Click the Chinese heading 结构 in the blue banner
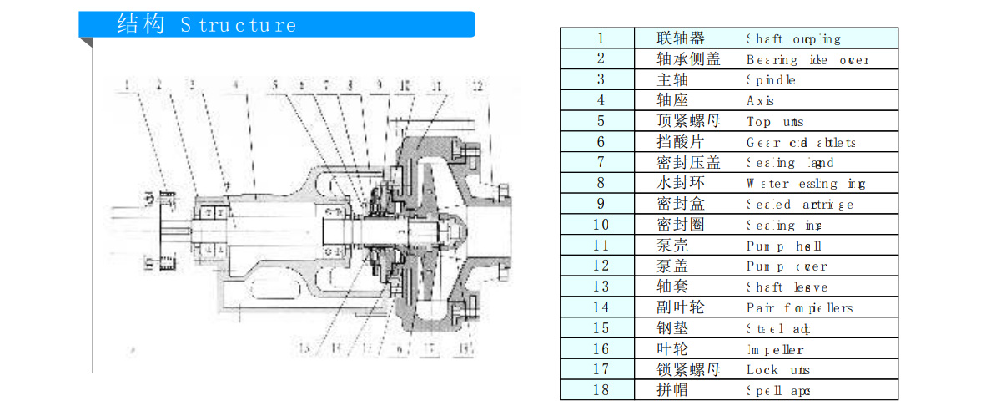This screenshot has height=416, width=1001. click(141, 24)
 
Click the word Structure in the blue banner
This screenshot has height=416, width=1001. click(239, 25)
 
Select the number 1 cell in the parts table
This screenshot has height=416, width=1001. click(601, 38)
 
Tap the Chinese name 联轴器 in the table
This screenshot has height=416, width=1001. click(681, 38)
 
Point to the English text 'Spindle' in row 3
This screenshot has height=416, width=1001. click(771, 80)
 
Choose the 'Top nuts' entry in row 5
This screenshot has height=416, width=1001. click(775, 121)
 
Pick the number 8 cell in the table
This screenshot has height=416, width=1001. click(601, 183)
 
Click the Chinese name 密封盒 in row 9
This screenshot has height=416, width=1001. click(681, 204)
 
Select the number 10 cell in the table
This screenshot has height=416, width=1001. click(601, 225)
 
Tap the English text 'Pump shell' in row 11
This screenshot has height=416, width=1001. click(783, 246)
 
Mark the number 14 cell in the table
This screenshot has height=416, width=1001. click(601, 307)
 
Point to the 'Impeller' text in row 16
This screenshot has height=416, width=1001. click(775, 349)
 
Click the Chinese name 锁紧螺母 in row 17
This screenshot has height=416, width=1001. click(688, 369)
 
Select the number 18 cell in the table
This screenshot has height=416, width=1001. click(601, 390)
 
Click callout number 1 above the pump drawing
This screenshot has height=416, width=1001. click(127, 84)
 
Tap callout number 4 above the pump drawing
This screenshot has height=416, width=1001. click(236, 84)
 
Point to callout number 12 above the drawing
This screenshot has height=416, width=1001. click(476, 84)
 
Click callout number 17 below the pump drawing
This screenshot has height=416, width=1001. click(431, 348)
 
